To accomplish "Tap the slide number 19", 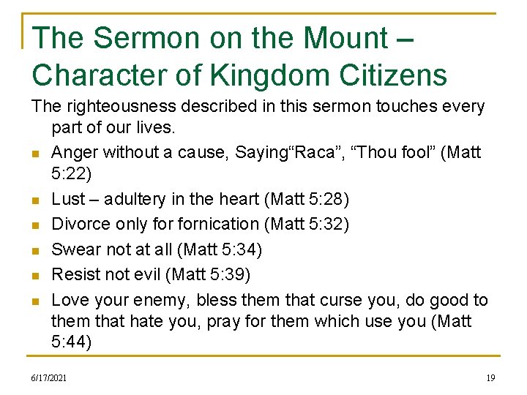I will pyautogui.click(x=490, y=377).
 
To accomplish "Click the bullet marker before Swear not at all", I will pyautogui.click(x=36, y=251).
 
